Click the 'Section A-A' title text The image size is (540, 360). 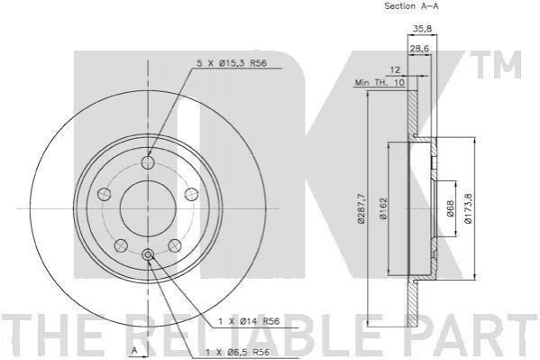(x=412, y=5)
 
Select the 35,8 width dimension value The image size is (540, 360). (x=422, y=28)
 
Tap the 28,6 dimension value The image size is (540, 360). (x=419, y=49)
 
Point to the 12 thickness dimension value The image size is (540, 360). (x=395, y=70)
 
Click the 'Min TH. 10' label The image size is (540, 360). (x=380, y=83)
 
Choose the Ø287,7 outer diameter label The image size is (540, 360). (x=362, y=208)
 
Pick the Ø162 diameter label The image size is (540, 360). (x=383, y=208)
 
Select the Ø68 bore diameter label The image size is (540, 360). (x=451, y=208)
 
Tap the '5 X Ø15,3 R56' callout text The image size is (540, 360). (x=232, y=63)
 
